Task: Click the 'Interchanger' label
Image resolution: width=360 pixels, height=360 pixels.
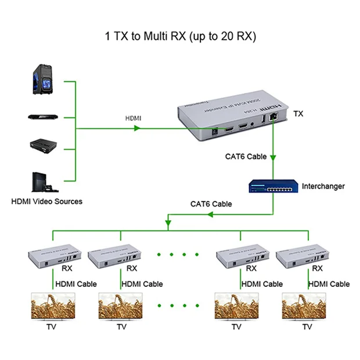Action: (x=323, y=186)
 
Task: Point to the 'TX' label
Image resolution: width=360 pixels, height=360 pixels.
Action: (x=298, y=113)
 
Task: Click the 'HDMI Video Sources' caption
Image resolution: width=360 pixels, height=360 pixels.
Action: (x=47, y=201)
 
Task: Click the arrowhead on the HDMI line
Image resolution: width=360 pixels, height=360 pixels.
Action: (x=138, y=128)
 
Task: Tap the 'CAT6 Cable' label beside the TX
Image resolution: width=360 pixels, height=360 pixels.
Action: (x=246, y=157)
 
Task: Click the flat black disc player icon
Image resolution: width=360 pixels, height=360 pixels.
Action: (x=43, y=117)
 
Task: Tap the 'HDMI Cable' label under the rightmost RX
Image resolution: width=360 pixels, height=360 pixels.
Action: (x=329, y=284)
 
